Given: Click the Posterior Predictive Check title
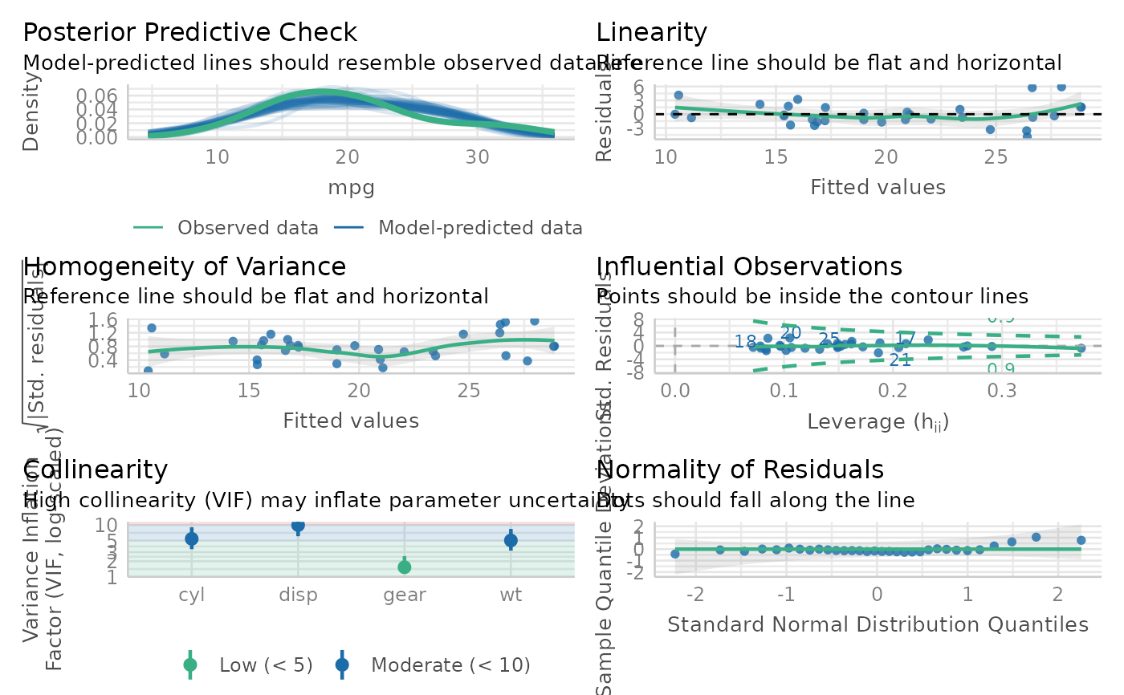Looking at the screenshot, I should pyautogui.click(x=189, y=33).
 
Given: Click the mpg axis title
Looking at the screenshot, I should pyautogui.click(x=352, y=188).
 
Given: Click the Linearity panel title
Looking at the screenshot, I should pyautogui.click(x=651, y=33).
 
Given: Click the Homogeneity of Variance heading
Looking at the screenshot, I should pyautogui.click(x=185, y=266).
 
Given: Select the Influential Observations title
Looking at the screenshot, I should pyautogui.click(x=749, y=266).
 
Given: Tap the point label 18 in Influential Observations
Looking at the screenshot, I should pyautogui.click(x=745, y=343).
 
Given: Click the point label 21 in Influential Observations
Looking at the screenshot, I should pyautogui.click(x=901, y=360).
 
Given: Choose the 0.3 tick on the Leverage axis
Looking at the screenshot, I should pyautogui.click(x=1001, y=391).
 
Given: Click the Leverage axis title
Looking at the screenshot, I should pyautogui.click(x=878, y=421).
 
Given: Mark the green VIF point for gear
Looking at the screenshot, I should pyautogui.click(x=405, y=567).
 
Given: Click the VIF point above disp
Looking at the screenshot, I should pyautogui.click(x=298, y=526).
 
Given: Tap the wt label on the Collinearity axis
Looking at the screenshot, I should pyautogui.click(x=511, y=595).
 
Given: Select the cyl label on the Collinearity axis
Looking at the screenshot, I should pyautogui.click(x=192, y=595).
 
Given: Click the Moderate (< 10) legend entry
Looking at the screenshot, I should pyautogui.click(x=450, y=665).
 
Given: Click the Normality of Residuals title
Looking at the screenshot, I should pyautogui.click(x=740, y=469).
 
